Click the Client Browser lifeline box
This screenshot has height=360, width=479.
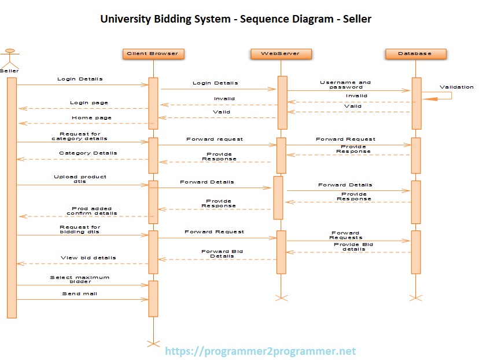pyautogui.click(x=153, y=54)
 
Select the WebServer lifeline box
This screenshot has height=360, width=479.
pyautogui.click(x=281, y=54)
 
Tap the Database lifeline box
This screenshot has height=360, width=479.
pyautogui.click(x=415, y=54)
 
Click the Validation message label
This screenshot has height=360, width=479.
pyautogui.click(x=456, y=87)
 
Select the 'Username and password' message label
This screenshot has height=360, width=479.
pyautogui.click(x=345, y=85)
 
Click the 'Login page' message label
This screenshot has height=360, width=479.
pyautogui.click(x=89, y=103)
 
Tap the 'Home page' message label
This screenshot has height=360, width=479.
pyautogui.click(x=91, y=118)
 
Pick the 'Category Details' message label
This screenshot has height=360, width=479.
pyautogui.click(x=88, y=153)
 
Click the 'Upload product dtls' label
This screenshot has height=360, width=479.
pyautogui.click(x=80, y=179)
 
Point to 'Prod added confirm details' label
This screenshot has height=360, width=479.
pyautogui.click(x=92, y=211)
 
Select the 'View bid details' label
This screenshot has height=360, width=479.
pyautogui.click(x=89, y=258)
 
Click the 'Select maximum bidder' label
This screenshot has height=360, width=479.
pyautogui.click(x=79, y=280)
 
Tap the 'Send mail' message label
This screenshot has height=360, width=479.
pyautogui.click(x=80, y=294)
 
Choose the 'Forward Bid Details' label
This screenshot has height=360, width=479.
pyautogui.click(x=222, y=254)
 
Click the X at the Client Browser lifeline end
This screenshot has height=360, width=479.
pyautogui.click(x=153, y=344)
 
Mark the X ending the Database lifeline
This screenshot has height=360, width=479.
pyautogui.click(x=415, y=297)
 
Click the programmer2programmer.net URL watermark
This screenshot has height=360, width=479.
pyautogui.click(x=260, y=351)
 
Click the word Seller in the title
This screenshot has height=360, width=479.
pyautogui.click(x=356, y=19)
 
